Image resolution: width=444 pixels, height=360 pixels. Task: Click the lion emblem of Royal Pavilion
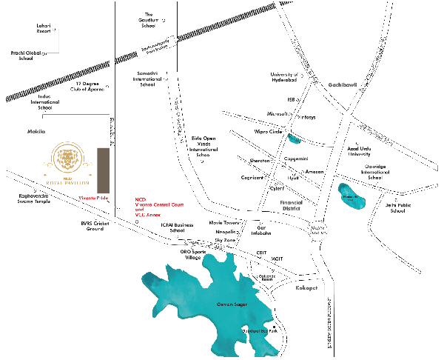[x=67, y=159]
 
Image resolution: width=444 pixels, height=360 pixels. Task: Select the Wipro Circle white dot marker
[x=286, y=130]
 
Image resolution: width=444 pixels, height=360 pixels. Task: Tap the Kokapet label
[x=306, y=287]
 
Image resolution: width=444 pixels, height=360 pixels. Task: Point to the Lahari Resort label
[x=44, y=28]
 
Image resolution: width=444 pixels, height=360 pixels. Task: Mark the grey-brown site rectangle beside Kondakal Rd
[x=103, y=172]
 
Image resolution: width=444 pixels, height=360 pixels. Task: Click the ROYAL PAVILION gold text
[x=67, y=183]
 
